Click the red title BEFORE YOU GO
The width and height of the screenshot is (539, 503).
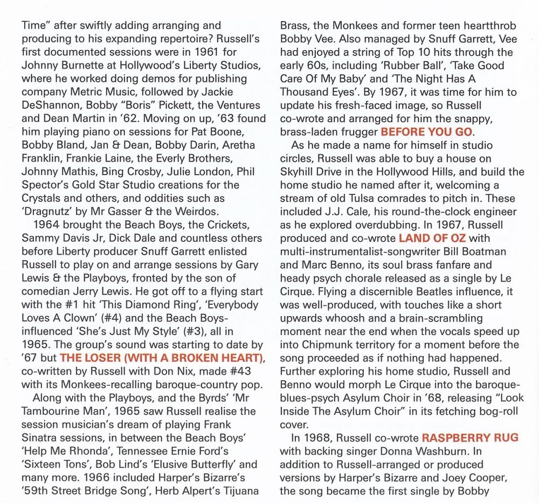[x=427, y=132]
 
